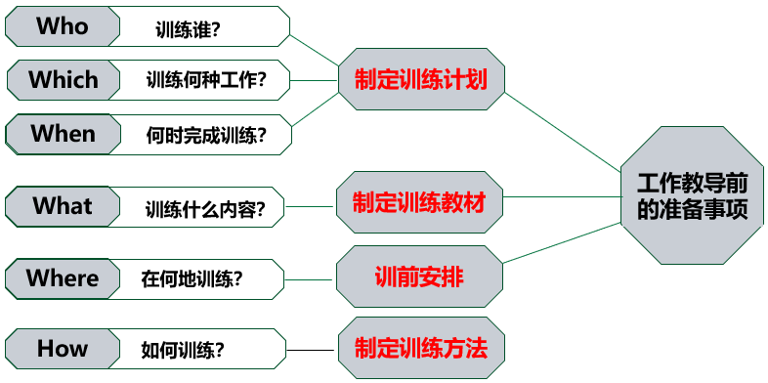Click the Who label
pyautogui.click(x=63, y=26)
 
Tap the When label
pyautogui.click(x=63, y=133)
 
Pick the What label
pyautogui.click(x=63, y=206)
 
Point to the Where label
pyautogui.click(x=63, y=278)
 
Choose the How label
pyautogui.click(x=63, y=349)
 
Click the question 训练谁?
pyautogui.click(x=188, y=29)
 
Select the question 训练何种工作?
pyautogui.click(x=205, y=81)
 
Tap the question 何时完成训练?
pyautogui.click(x=205, y=134)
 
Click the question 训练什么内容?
pyautogui.click(x=205, y=208)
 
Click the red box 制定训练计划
pyautogui.click(x=420, y=79)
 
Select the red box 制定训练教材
pyautogui.click(x=420, y=202)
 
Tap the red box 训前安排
pyautogui.click(x=420, y=277)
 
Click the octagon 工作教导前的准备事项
pyautogui.click(x=692, y=195)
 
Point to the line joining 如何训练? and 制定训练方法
pyautogui.click(x=313, y=350)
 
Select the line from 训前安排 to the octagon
pyautogui.click(x=562, y=243)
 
